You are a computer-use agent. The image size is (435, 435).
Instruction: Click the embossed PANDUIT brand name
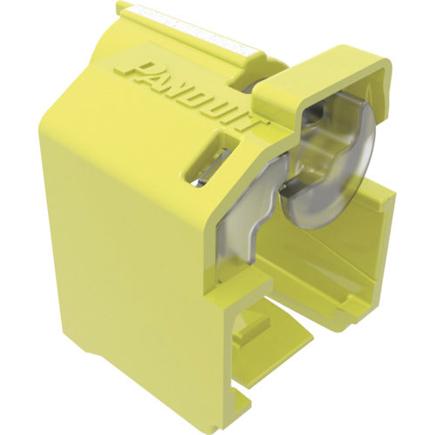186,87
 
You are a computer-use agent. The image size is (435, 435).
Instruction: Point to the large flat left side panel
130,235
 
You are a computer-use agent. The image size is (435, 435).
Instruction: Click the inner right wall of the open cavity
365,261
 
